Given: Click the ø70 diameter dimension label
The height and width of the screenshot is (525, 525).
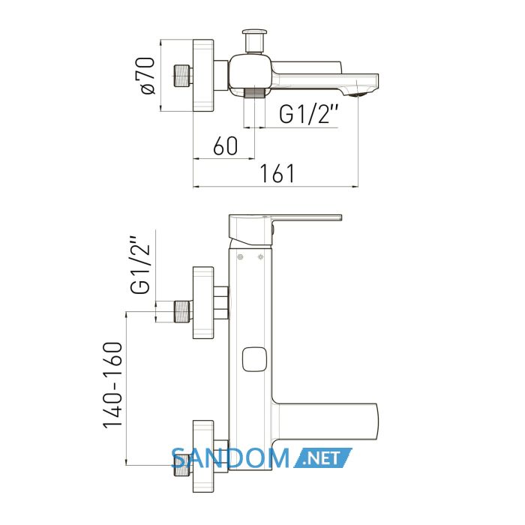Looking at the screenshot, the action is pyautogui.click(x=145, y=76).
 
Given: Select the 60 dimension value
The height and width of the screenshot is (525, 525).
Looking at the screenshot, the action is pyautogui.click(x=225, y=146).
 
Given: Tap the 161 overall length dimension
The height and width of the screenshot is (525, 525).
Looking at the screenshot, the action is pyautogui.click(x=277, y=173).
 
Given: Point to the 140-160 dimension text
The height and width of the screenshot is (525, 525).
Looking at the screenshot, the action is pyautogui.click(x=112, y=385).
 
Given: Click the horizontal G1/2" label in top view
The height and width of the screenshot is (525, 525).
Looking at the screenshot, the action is pyautogui.click(x=309, y=114).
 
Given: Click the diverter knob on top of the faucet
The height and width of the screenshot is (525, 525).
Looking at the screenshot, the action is pyautogui.click(x=254, y=40).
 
